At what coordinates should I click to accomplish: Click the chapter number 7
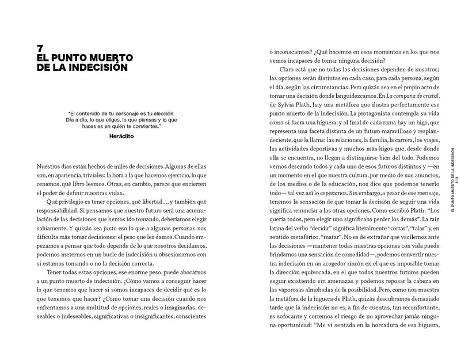(x=40, y=48)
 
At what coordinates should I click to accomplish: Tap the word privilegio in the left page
(x=73, y=203)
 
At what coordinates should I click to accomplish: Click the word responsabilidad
(x=60, y=214)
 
